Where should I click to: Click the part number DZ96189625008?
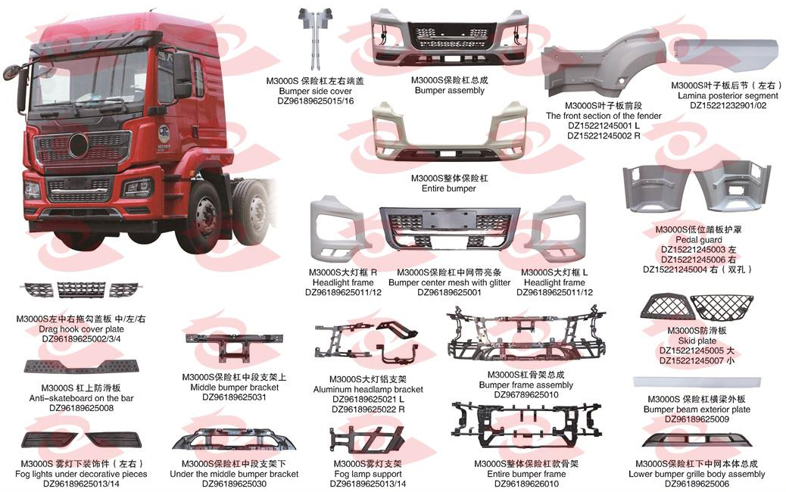point(81,408)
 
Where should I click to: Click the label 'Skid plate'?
point(687,341)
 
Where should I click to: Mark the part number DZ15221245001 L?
point(604,126)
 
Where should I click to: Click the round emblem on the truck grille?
point(79,145)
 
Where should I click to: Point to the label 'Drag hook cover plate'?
point(83,329)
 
